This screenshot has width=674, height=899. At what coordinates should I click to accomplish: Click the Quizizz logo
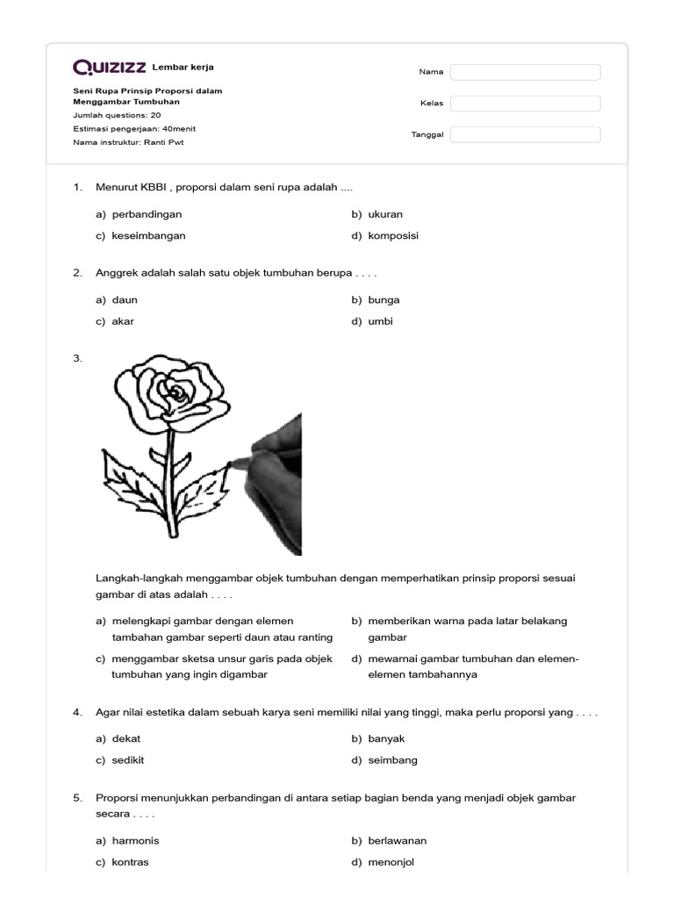click(x=110, y=68)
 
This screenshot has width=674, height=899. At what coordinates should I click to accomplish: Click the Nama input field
click(x=525, y=72)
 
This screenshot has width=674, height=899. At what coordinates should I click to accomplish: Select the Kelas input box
click(x=525, y=104)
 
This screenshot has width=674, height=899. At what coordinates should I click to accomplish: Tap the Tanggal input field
click(x=525, y=134)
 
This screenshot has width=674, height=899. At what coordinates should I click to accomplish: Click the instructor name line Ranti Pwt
click(x=129, y=141)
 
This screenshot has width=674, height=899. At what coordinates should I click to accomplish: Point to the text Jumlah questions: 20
click(x=117, y=115)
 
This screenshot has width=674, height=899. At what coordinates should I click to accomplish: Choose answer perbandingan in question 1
click(x=147, y=214)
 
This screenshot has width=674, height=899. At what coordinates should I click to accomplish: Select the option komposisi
click(x=393, y=235)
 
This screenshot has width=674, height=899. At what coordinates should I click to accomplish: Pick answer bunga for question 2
click(x=384, y=300)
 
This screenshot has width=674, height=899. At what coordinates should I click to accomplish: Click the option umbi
click(x=380, y=321)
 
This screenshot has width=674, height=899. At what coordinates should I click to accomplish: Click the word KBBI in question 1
click(x=154, y=187)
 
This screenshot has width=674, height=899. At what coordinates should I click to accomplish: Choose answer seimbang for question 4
click(x=392, y=760)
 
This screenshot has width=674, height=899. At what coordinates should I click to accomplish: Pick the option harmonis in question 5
click(x=135, y=841)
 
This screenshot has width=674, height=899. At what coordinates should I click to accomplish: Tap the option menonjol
click(x=391, y=862)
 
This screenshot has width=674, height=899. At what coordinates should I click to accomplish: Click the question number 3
click(x=78, y=358)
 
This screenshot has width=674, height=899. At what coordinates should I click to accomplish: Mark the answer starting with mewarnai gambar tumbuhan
click(x=473, y=666)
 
